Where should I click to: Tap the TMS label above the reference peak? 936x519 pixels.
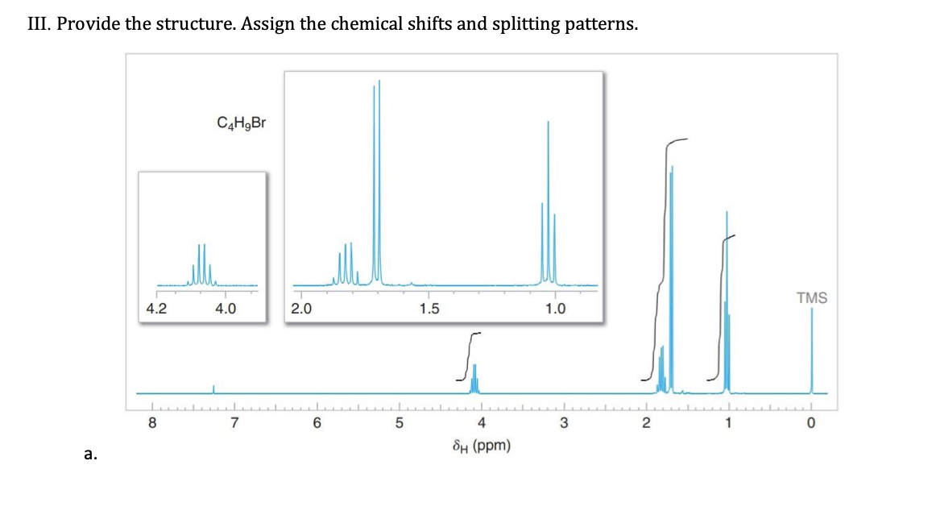point(811,298)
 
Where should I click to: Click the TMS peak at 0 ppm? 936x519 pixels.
point(811,355)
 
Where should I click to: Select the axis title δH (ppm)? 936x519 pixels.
point(482,446)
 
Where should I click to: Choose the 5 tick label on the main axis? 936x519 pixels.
point(399,423)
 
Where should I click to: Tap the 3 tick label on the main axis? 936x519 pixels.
point(564,423)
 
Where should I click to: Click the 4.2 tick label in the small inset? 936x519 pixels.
point(156,308)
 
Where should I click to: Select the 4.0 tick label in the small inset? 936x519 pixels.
point(226,308)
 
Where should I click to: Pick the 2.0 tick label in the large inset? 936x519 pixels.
point(300,308)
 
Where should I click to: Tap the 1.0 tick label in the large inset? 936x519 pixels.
point(555,308)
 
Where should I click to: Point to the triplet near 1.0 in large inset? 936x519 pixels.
point(548,210)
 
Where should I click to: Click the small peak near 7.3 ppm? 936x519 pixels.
point(213,389)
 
